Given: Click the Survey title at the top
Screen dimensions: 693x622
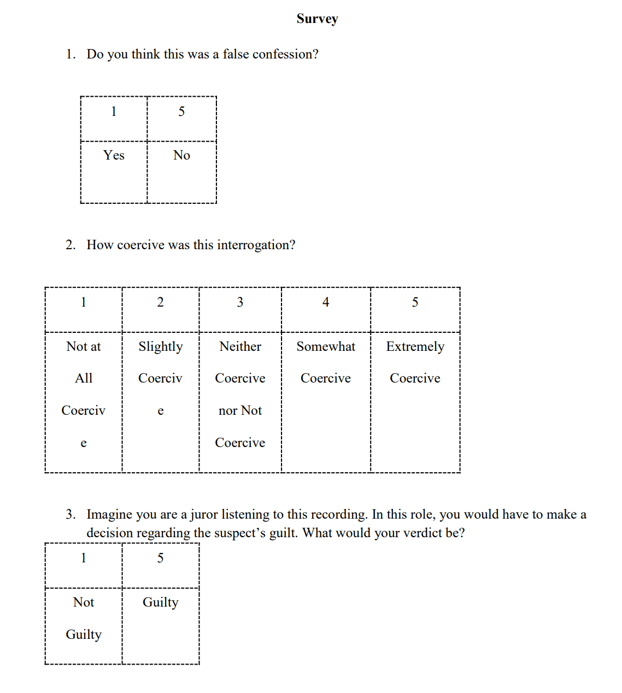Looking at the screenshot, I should [317, 19].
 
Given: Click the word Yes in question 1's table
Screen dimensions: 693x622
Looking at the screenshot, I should [114, 155].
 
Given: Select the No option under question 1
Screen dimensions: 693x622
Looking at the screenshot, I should [181, 155].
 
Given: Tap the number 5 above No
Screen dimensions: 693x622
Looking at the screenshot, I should [181, 111].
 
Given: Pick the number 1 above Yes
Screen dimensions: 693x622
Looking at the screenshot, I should [114, 111].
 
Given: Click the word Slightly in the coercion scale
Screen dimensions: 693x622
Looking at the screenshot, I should [160, 346].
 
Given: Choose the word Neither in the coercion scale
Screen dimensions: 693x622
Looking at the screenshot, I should [240, 346].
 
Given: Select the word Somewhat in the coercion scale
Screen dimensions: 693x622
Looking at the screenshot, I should [326, 346].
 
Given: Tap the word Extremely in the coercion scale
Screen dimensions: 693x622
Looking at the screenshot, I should [415, 346].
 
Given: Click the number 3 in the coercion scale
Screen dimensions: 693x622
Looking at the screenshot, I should [240, 302].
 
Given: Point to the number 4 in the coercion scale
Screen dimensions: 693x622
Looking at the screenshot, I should [326, 302].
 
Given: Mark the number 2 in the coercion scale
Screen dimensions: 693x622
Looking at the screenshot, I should [160, 302].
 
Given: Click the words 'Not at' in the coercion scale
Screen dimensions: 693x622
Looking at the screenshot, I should [84, 346].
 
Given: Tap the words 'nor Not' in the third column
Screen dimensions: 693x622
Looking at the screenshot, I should [240, 410].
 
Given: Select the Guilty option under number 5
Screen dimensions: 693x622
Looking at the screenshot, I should [160, 602].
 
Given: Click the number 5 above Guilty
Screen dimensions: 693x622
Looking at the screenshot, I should [160, 558].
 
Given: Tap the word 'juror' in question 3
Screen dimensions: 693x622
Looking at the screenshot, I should [203, 514].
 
